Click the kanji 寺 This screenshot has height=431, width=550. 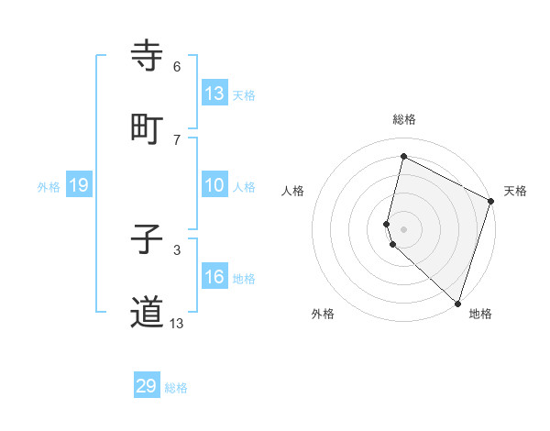(148, 57)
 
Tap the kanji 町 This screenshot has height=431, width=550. (148, 128)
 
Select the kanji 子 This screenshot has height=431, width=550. (148, 241)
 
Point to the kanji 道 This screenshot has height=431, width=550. (148, 313)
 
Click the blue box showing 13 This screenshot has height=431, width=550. (214, 94)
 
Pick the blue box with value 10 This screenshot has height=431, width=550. (214, 185)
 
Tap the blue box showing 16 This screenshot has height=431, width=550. (214, 277)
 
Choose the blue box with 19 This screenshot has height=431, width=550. (78, 185)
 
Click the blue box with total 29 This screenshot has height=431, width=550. (147, 386)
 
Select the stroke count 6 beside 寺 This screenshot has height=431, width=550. (177, 67)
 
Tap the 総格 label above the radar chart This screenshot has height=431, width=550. (404, 120)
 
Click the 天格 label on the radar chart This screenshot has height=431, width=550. (515, 191)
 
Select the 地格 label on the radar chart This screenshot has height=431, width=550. (480, 314)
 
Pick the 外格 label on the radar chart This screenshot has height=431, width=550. (323, 314)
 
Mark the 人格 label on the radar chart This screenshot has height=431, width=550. (293, 191)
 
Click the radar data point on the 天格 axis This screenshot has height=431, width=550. (491, 202)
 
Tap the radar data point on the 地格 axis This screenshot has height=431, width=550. (457, 303)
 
